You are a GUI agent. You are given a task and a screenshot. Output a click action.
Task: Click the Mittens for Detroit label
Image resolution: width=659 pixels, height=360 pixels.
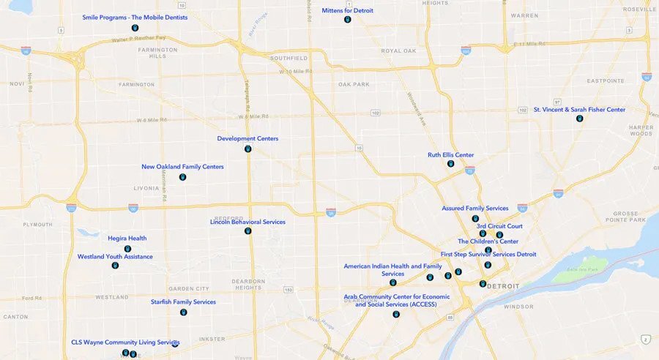[x=348, y=10]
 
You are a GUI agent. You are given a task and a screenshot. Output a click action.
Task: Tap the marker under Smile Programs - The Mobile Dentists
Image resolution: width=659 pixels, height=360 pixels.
[x=135, y=28]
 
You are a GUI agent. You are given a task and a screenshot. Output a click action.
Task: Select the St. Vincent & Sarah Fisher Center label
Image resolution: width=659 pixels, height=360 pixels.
[x=579, y=110]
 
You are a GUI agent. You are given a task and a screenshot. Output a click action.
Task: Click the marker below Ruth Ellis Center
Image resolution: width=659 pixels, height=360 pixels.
[x=450, y=164]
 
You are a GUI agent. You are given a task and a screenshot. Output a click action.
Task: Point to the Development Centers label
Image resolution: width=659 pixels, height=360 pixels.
[x=247, y=138]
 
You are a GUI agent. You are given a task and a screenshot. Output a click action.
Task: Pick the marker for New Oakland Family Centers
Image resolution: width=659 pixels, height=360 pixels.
[x=182, y=177]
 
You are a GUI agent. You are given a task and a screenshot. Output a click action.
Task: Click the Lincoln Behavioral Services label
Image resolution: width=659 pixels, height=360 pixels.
[x=247, y=222]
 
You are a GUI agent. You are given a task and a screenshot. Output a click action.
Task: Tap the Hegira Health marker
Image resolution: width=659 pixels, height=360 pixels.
[x=127, y=249]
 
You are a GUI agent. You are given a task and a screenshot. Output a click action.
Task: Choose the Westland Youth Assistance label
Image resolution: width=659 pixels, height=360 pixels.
[x=115, y=257]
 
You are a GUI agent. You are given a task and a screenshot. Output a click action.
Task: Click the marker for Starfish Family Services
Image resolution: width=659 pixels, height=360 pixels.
[x=183, y=312]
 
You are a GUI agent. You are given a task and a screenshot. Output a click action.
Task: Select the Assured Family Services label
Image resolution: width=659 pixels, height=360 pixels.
[x=474, y=209]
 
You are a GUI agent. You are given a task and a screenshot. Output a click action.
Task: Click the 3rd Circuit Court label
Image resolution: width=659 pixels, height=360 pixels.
[x=499, y=226]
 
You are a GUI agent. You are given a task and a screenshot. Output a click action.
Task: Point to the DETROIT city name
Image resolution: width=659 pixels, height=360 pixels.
[x=503, y=285]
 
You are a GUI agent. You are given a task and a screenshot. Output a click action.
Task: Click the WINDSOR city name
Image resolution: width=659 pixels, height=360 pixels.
[x=518, y=307]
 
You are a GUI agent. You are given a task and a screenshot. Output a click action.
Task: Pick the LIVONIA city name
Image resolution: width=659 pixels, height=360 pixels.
[x=146, y=188]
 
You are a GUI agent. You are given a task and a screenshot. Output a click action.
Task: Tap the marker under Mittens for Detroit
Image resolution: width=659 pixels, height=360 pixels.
[x=348, y=20]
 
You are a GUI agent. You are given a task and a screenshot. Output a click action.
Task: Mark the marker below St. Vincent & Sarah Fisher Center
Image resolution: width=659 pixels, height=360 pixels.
[x=579, y=119]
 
